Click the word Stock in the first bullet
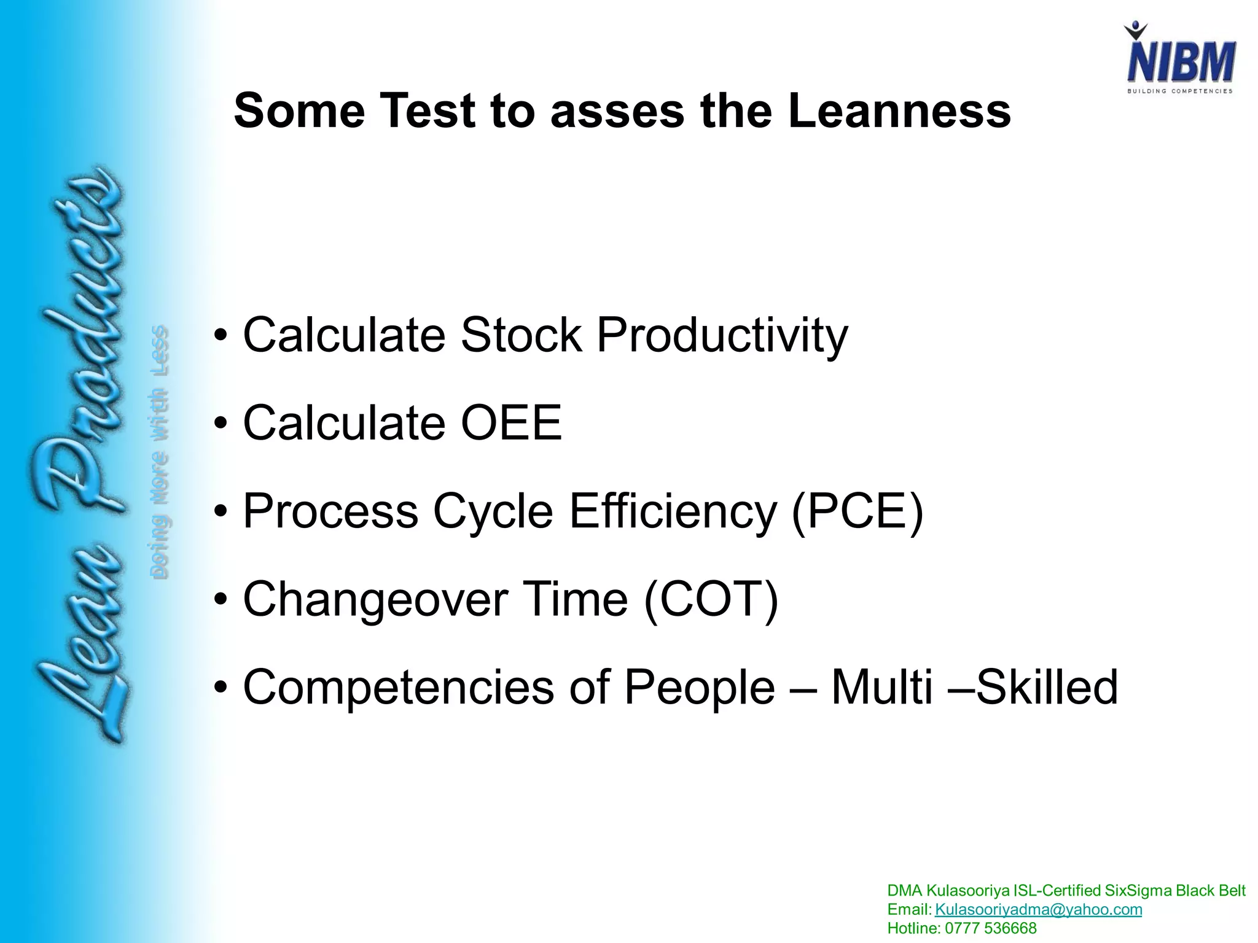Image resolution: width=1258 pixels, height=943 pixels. coord(522,335)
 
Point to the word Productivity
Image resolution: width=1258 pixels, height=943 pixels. coord(722,336)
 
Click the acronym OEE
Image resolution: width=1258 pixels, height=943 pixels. coord(511,423)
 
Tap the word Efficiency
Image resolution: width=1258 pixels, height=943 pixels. coord(673,511)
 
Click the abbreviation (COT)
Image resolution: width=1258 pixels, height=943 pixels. coord(711,599)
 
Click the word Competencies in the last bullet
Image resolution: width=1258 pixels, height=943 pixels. coord(399,688)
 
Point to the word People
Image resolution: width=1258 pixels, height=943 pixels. coord(700,688)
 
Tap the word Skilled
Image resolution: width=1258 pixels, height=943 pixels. coord(1047,687)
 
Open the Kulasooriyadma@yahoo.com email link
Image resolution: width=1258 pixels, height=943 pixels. coord(1038,909)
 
